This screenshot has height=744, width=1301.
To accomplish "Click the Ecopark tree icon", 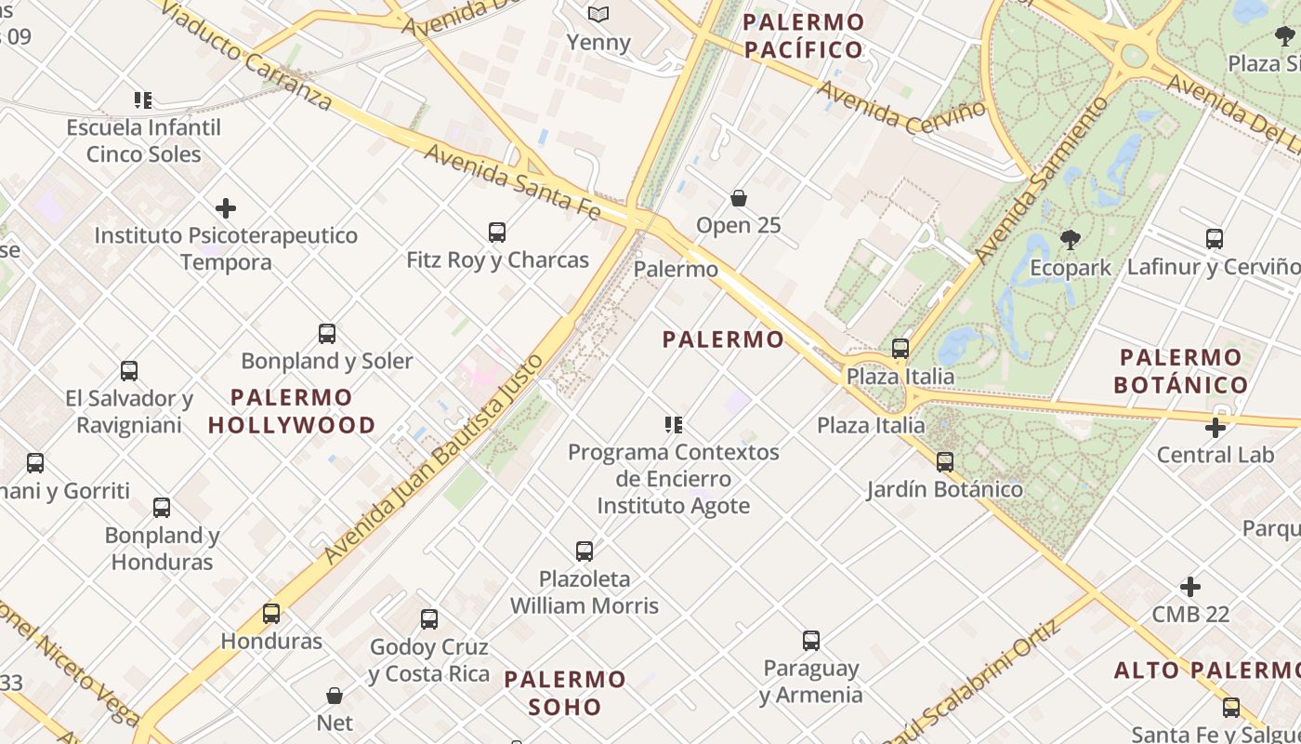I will pos(1071,240).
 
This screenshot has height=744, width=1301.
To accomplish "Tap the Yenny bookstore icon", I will pos(598,15).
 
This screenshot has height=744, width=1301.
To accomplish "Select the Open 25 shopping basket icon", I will pos(739,198).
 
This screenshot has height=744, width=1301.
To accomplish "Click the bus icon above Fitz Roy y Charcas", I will pos(497,232).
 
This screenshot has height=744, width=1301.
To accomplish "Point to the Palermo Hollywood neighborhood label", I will pos(292,411).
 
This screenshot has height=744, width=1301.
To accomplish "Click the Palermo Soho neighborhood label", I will pos(565,693).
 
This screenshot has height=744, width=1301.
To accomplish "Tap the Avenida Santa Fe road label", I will pos(512,181).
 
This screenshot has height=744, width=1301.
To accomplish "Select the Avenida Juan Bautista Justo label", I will pos(433,458).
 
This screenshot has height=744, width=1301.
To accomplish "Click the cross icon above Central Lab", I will pos(1215,428).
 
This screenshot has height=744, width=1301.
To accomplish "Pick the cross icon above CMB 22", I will pos(1190,587).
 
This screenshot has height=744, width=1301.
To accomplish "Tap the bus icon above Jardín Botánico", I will pos(945,461).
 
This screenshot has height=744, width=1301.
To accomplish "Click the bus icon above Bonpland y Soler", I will pos(327,333).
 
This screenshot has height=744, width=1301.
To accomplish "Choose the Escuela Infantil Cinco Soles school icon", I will pos(143,100).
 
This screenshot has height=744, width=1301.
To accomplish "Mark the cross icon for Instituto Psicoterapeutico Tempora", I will pos(226,208).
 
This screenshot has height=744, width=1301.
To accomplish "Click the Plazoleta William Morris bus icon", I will pos(585,551).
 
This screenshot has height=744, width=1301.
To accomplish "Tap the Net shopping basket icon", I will pos(335,696).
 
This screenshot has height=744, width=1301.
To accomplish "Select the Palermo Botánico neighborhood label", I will pos(1180,371).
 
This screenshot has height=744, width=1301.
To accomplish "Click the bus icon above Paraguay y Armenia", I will pos(811,640).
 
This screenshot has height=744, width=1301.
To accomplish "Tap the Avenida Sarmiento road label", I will pos(1042,178).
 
